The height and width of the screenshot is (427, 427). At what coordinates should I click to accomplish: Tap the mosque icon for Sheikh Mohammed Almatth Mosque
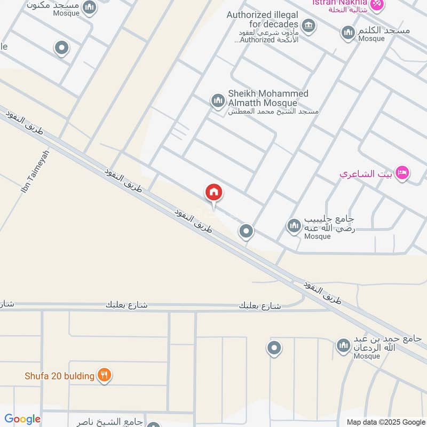pyautogui.click(x=217, y=100)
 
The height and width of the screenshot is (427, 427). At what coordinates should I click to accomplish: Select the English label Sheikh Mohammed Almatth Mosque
pyautogui.click(x=268, y=98)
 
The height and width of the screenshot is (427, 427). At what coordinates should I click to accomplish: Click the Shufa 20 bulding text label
pyautogui.click(x=59, y=376)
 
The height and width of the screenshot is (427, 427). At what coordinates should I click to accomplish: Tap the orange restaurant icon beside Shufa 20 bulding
pyautogui.click(x=104, y=376)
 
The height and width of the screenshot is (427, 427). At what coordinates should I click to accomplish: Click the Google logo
pyautogui.click(x=22, y=419)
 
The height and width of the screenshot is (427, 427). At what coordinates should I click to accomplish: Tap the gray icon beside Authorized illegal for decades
pyautogui.click(x=308, y=25)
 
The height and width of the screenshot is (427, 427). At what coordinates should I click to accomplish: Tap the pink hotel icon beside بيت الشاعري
pyautogui.click(x=402, y=173)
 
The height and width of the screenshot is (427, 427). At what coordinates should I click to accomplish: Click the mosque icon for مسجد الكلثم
pyautogui.click(x=349, y=33)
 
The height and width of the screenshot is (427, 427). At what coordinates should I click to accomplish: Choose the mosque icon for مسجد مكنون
pyautogui.click(x=90, y=7)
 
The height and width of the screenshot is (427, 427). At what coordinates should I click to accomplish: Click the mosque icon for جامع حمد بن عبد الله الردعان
pyautogui.click(x=343, y=346)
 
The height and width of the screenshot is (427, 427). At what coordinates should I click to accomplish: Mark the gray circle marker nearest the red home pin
pyautogui.click(x=246, y=231)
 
